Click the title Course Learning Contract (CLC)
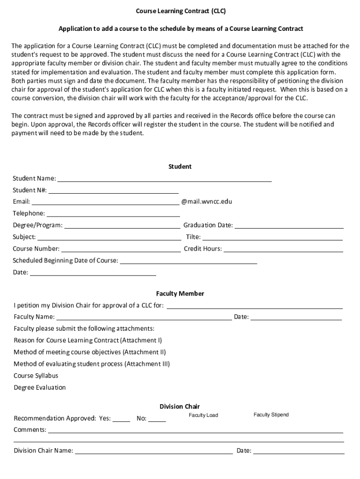tap(180, 10)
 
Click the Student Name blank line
tap(164, 179)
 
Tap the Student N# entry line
tap(114, 191)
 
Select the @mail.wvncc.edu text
tap(206, 202)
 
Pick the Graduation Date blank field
tap(289, 226)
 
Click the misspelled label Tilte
tap(193, 237)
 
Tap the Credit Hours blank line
tap(283, 250)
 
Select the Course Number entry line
tap(121, 250)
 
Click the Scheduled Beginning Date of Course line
tap(188, 262)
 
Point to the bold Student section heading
tap(180, 167)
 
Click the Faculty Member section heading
tap(180, 294)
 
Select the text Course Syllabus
tap(36, 376)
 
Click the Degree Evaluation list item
tap(40, 387)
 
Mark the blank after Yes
tap(122, 420)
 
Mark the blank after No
tap(157, 420)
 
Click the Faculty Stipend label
tap(271, 414)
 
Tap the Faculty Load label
tap(203, 415)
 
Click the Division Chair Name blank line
tap(154, 452)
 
